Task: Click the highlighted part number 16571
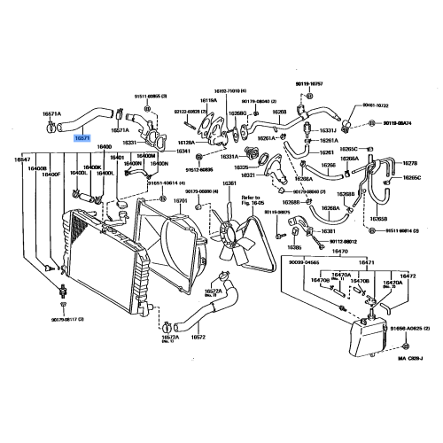coord(82,138)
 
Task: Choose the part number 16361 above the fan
coord(229,183)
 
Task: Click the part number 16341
coord(183,152)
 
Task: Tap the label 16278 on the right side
coord(410,163)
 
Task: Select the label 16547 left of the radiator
coord(23,159)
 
